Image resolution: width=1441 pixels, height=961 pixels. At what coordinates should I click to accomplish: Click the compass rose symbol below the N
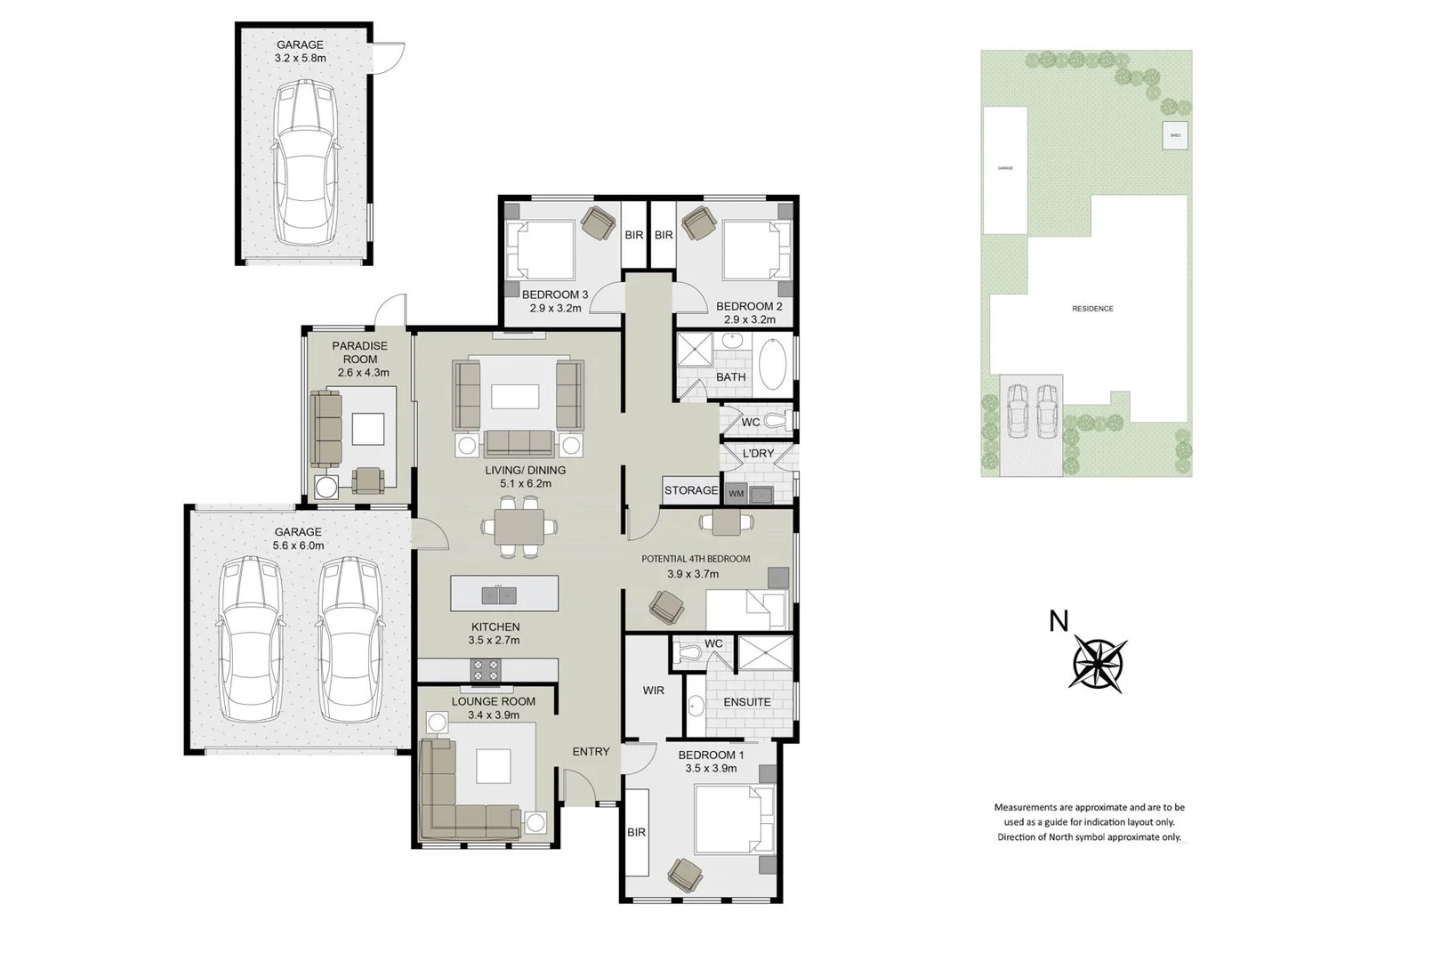pos(1099,664)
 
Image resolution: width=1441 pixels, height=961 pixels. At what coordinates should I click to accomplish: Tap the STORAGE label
pos(690,490)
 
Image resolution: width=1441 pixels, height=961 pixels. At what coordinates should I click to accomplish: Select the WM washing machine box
pos(736,493)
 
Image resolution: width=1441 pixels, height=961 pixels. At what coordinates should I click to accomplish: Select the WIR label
pos(653,690)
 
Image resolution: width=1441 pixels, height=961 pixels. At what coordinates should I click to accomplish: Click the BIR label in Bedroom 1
pos(636,832)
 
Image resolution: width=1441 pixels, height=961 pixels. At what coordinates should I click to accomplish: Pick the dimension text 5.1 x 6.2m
pos(525,484)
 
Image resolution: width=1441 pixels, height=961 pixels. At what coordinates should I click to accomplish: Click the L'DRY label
pos(758,453)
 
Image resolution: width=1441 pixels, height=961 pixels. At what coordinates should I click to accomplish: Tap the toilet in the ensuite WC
pos(685,654)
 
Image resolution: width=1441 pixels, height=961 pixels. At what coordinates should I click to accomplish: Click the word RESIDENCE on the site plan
pos(1092,309)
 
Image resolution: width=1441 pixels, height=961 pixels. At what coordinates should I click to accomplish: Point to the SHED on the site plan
pos(1175,135)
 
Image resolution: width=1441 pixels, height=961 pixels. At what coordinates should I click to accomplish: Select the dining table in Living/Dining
pos(519,528)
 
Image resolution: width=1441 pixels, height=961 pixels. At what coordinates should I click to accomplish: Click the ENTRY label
pos(591,752)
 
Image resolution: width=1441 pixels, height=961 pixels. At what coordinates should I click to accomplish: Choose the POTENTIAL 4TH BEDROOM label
pos(696,559)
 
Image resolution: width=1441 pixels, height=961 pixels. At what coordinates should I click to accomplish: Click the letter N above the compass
pos(1058,621)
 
